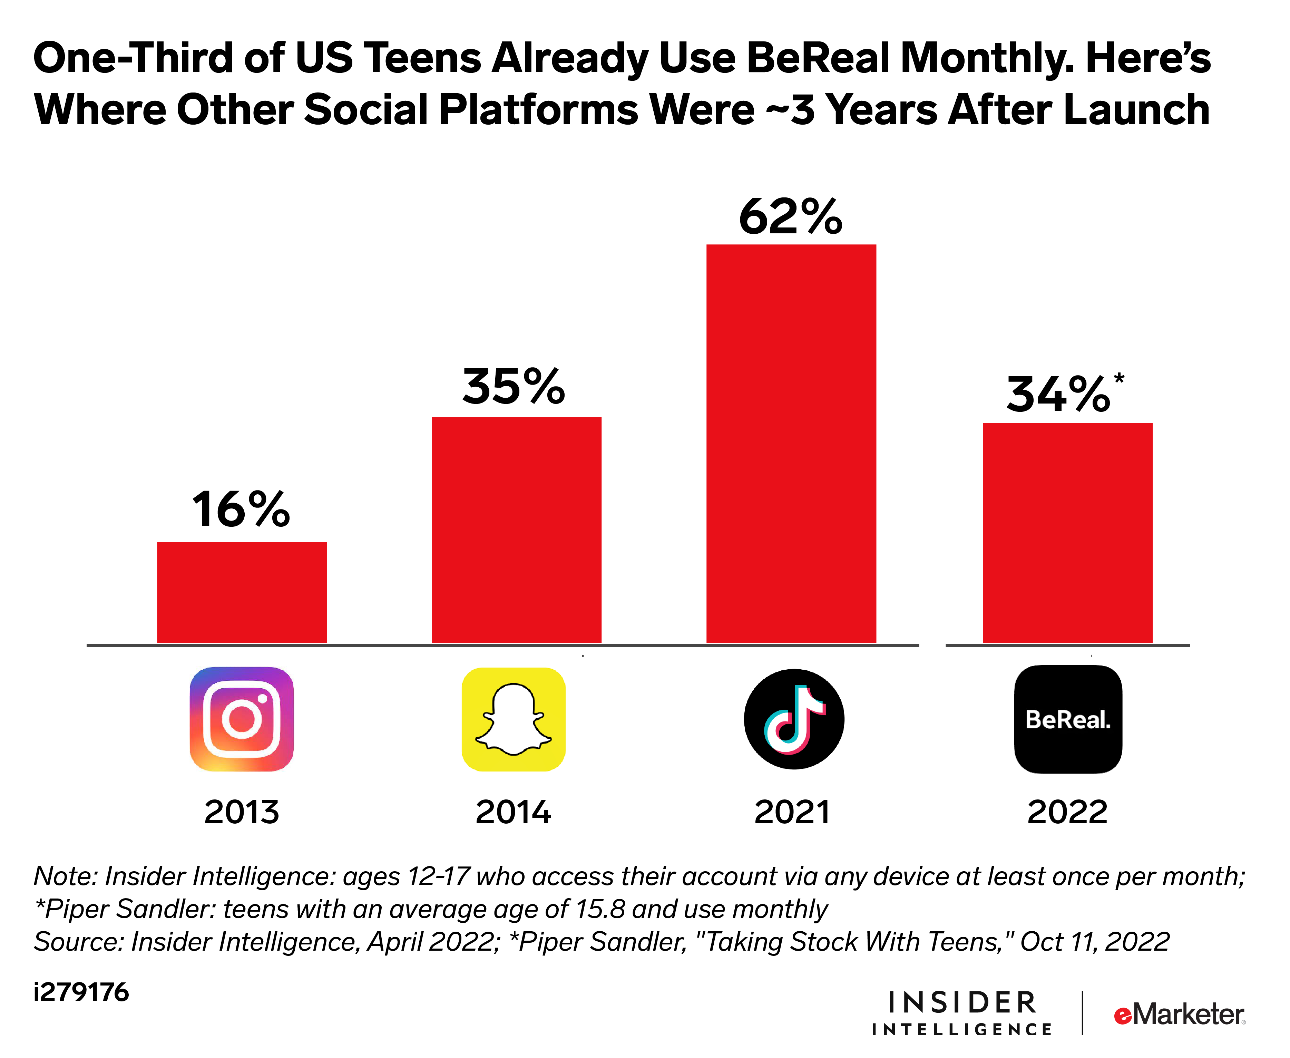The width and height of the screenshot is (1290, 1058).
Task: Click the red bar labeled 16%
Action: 242,592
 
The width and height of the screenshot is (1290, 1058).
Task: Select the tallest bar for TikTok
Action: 791,443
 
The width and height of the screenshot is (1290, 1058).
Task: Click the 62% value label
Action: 790,217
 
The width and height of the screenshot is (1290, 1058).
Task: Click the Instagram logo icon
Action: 242,719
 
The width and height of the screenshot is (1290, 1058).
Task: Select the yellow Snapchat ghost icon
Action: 514,719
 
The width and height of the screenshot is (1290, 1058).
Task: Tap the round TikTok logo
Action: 794,719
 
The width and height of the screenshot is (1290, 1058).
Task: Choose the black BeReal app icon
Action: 1068,719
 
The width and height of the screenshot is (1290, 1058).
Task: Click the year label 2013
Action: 242,812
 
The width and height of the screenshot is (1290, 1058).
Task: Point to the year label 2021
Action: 792,812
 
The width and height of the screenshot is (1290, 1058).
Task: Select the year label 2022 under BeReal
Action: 1067,812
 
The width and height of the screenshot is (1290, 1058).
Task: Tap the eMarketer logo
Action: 1179,1015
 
